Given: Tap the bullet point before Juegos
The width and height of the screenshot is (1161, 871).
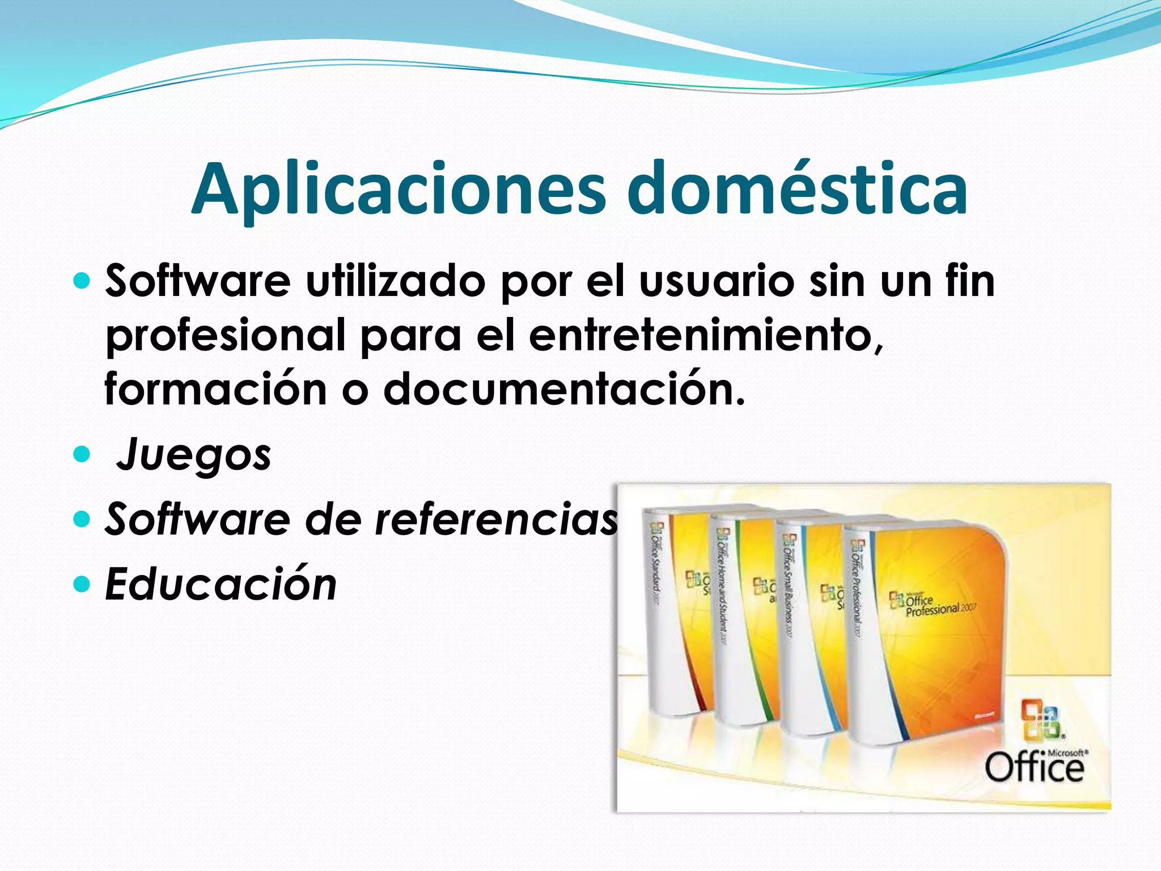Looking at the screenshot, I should [x=82, y=454].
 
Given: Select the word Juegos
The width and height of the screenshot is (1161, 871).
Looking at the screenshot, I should [x=194, y=455].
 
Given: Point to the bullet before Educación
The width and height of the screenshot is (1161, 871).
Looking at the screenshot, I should [x=82, y=584].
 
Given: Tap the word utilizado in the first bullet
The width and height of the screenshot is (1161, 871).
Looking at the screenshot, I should [x=395, y=281].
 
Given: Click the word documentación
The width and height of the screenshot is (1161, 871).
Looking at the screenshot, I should [x=564, y=390].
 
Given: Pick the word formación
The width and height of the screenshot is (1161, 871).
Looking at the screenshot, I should [x=216, y=390].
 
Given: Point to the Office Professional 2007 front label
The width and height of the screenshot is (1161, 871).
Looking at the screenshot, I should [x=935, y=605].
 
